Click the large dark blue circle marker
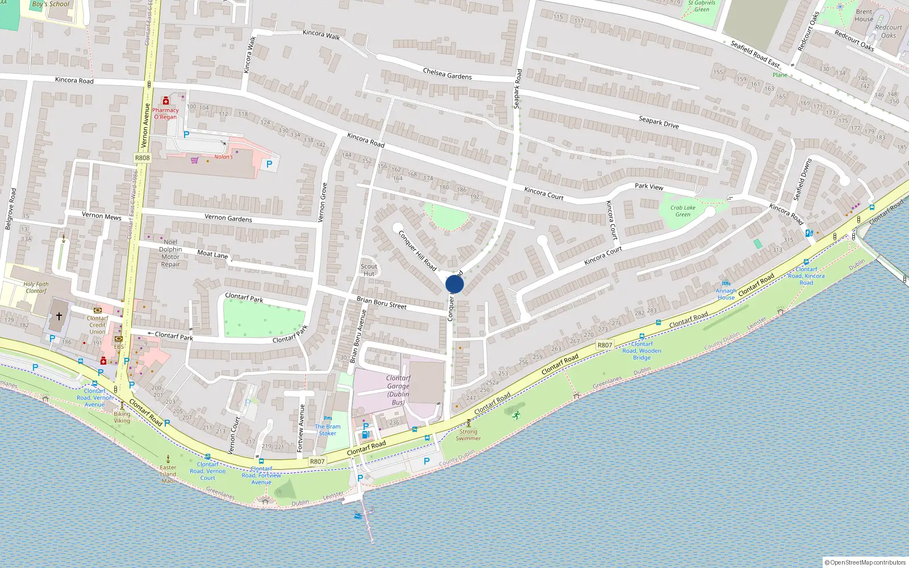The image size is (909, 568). point(454,284)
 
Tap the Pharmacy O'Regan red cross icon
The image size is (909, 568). point(166,101)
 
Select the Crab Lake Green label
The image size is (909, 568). point(682,211)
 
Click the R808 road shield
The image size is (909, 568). point(143,158)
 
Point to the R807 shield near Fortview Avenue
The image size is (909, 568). point(317,461)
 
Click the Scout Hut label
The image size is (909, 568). point(369,270)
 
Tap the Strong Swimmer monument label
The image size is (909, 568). point(468,435)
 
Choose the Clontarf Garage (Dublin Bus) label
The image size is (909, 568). point(398,390)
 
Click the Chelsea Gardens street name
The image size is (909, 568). point(447,74)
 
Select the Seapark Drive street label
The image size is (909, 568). point(658,122)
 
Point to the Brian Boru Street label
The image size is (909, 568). point(381,302)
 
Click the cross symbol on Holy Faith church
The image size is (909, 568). point(59,316)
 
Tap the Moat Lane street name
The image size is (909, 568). point(212,254)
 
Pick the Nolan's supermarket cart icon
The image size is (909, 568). point(195,160)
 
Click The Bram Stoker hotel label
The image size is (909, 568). point(328,430)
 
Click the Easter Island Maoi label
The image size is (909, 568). point(168,474)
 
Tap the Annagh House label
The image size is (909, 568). point(726,294)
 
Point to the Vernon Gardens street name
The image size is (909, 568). point(228,218)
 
